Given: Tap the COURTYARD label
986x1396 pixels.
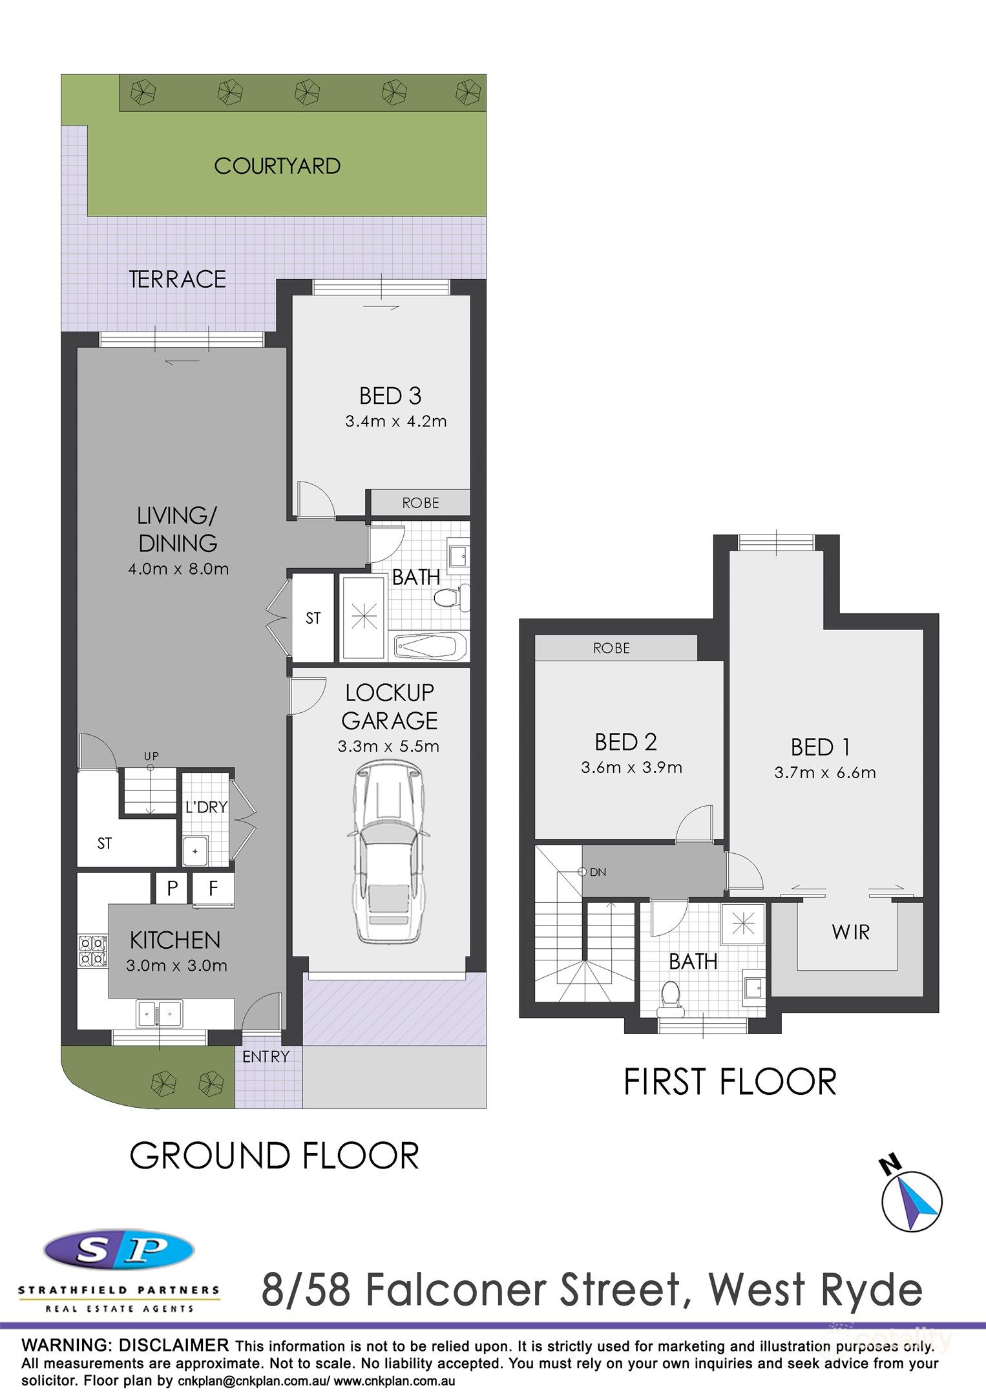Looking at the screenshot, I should pos(277,166).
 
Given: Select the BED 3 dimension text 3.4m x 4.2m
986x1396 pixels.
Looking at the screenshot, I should pos(395,421).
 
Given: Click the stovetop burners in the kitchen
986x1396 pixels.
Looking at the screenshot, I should pos(92,951).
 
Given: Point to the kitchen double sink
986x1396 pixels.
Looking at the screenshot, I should pos(159,1013).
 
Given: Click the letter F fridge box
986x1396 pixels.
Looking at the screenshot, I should pos(213,888).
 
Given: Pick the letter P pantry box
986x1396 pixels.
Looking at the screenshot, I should pos(172,888).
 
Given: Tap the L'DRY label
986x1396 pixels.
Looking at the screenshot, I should pos(206,807).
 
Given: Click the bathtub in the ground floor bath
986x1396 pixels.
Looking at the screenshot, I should pos(430,646).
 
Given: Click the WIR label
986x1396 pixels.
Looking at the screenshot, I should pos(850,932).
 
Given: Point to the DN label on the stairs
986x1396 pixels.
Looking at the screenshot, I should pos(598,872).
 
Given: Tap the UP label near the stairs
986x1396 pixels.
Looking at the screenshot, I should pos(151,756).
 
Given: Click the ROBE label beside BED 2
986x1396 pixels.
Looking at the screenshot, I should pos(611,648).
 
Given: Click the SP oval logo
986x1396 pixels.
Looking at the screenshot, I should pos(119,1251).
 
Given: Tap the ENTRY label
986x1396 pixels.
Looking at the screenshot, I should pos(266,1056).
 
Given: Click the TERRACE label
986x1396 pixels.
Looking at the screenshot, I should pos(178,279).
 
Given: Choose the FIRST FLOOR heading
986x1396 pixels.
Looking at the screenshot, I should pos(729,1083).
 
